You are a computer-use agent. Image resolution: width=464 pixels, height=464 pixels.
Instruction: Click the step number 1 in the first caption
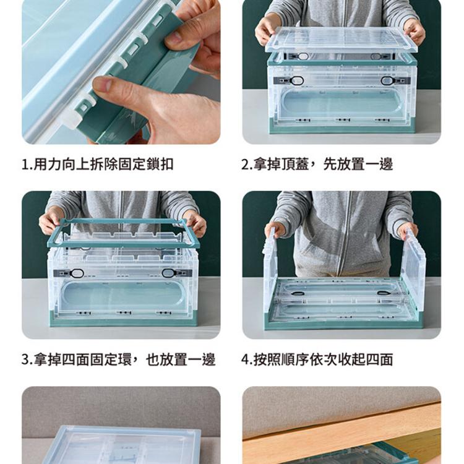click(24, 165)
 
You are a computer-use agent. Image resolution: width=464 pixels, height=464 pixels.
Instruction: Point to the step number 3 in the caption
click(25, 360)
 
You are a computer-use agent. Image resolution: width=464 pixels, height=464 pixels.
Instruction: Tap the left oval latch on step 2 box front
click(296, 80)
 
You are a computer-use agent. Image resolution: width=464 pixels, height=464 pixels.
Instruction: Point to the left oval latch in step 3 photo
click(77, 273)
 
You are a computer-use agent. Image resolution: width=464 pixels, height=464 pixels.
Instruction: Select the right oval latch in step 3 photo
click(169, 273)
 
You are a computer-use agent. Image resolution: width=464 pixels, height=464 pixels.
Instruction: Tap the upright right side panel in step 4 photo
click(414, 266)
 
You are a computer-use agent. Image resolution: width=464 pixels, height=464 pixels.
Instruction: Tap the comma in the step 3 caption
click(136, 362)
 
